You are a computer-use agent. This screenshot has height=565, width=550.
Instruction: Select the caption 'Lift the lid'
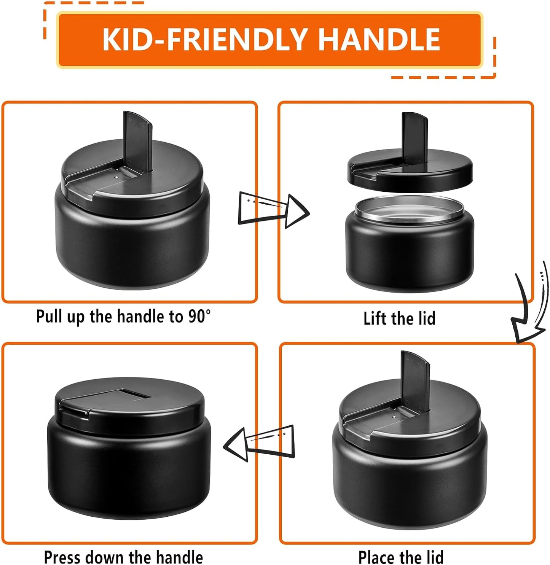point(399,318)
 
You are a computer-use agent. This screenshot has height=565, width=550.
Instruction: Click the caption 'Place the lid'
point(401,557)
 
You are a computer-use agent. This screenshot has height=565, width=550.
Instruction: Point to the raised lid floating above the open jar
point(410,173)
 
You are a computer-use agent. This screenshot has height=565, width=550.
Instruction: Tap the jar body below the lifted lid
point(410,255)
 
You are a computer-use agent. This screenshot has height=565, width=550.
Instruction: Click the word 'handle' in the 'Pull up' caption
point(142,317)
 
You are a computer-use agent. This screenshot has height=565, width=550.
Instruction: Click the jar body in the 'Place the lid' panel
point(410,487)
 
